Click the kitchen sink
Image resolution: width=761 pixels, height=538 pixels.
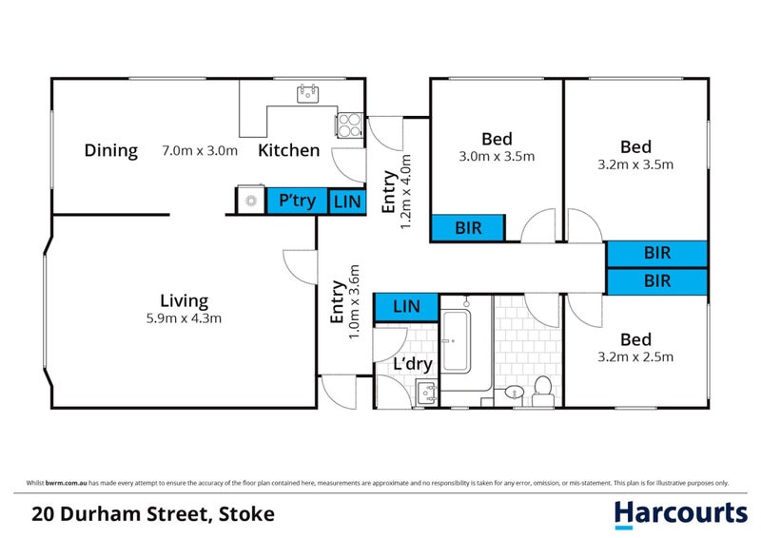(x=307, y=94)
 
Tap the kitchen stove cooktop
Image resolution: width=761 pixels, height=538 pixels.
(x=349, y=125)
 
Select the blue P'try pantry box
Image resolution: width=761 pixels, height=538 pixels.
(x=297, y=201)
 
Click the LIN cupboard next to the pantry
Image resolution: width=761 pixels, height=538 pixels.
(x=347, y=202)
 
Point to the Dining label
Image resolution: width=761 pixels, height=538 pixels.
(x=111, y=150)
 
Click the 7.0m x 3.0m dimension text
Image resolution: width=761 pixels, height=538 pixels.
(x=200, y=150)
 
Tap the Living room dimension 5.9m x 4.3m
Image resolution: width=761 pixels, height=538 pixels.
(x=184, y=318)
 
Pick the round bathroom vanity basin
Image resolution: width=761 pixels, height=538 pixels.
(x=514, y=392)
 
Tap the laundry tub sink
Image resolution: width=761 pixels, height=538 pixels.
(x=426, y=393)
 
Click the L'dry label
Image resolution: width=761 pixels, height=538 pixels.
(x=413, y=364)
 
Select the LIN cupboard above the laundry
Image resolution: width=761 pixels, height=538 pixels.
(x=406, y=307)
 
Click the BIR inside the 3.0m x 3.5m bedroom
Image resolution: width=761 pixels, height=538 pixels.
(x=468, y=227)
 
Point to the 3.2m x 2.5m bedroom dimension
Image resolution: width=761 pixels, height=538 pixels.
(x=635, y=357)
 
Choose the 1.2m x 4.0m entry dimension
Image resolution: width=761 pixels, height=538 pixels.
(x=405, y=192)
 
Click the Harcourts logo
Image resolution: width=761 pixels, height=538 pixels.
(x=680, y=515)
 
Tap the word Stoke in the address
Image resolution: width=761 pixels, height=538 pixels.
(x=246, y=514)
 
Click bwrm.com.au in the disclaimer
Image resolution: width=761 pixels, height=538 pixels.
(x=66, y=483)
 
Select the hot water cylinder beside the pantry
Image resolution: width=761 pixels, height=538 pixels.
(x=250, y=200)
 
